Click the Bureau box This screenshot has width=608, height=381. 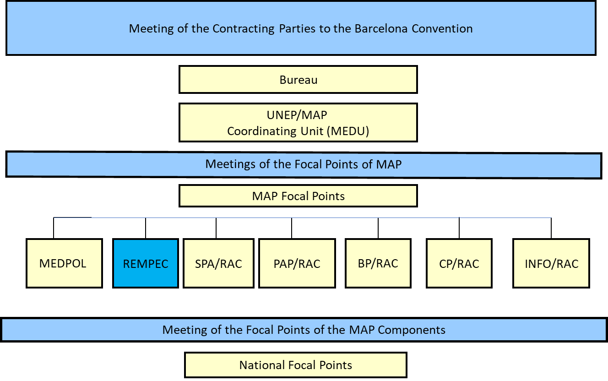298,80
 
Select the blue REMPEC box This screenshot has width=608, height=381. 146,263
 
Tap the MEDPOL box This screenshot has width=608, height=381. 65,263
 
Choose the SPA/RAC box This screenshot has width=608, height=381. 218,263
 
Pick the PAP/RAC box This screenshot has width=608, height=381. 297,263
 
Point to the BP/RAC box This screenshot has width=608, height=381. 378,263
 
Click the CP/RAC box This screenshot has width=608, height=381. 459,263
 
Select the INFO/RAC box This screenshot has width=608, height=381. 551,263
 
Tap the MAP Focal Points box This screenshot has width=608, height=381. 298,196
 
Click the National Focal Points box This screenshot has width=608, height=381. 296,365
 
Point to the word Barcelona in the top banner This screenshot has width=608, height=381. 381,28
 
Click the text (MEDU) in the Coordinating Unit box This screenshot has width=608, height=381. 348,131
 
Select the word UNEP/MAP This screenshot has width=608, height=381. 297,115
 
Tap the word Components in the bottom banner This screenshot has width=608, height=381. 412,330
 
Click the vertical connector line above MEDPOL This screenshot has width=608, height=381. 54,228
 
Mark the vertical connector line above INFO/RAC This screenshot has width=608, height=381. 551,228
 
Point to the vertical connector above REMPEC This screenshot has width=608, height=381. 146,228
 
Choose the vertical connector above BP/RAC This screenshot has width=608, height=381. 378,228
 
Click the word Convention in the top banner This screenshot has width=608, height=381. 442,28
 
